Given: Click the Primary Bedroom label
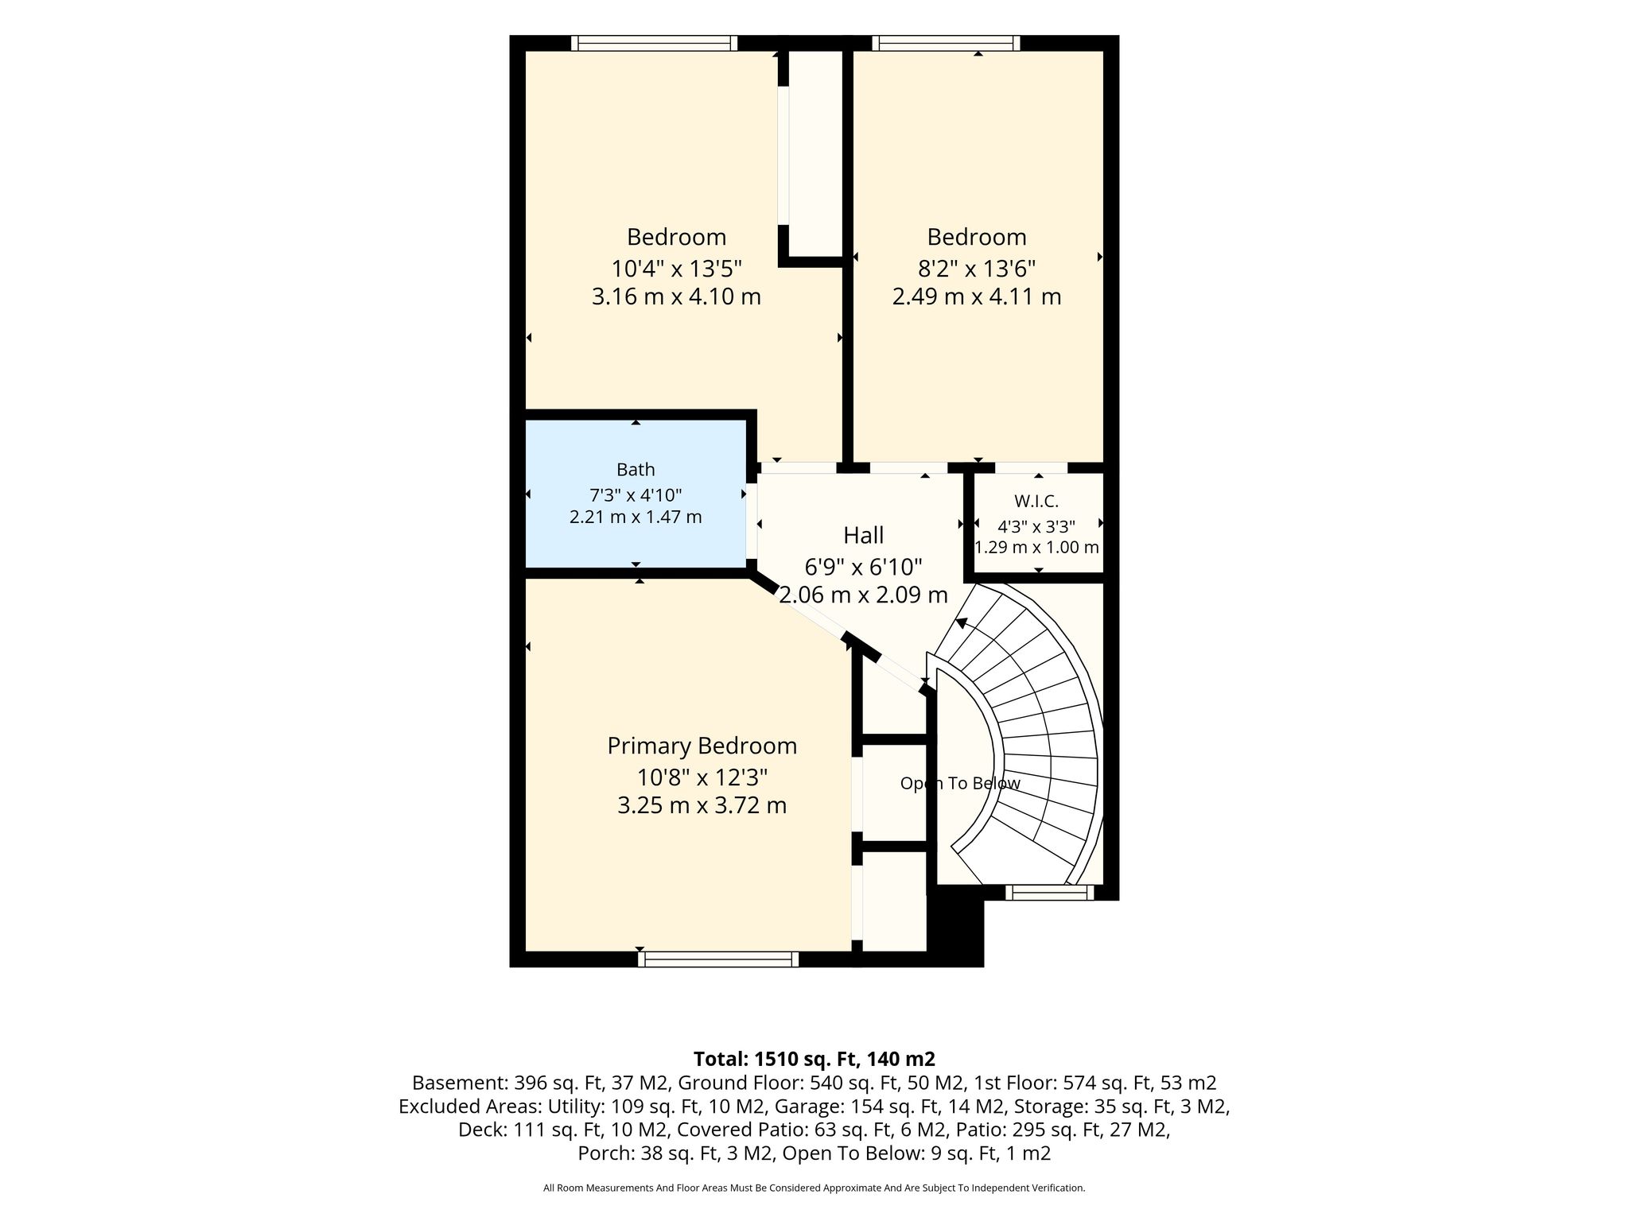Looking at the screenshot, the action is pyautogui.click(x=702, y=746).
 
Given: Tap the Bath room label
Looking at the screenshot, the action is pyautogui.click(x=636, y=469).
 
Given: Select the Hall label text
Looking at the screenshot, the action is pyautogui.click(x=863, y=535).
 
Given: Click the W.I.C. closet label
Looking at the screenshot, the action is pyautogui.click(x=1036, y=501).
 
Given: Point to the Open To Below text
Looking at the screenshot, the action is pyautogui.click(x=960, y=783).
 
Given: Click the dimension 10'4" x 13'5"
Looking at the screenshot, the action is pyautogui.click(x=676, y=267).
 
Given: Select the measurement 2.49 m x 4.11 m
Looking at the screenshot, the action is pyautogui.click(x=977, y=297).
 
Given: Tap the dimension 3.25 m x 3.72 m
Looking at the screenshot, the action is pyautogui.click(x=702, y=805).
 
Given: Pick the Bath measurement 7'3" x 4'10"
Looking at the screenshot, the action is pyautogui.click(x=636, y=494).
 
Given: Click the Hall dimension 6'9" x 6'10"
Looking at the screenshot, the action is pyautogui.click(x=863, y=567).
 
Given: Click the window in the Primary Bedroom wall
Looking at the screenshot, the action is pyautogui.click(x=718, y=959).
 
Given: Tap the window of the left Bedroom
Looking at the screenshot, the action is pyautogui.click(x=654, y=43).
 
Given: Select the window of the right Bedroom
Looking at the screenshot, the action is pyautogui.click(x=946, y=43).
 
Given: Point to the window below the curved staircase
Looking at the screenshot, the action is pyautogui.click(x=1049, y=893).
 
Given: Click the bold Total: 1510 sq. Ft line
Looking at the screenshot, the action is pyautogui.click(x=814, y=1059).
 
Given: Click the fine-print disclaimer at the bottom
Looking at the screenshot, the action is pyautogui.click(x=814, y=1188).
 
